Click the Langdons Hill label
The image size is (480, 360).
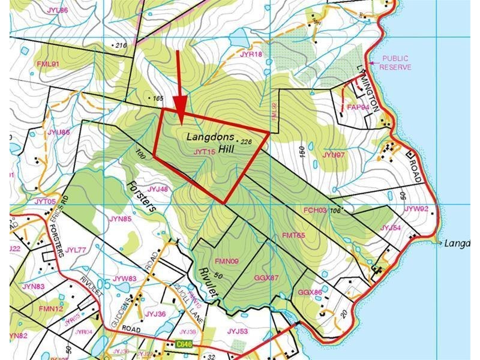coord(210,142)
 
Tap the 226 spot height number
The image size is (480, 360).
coord(247,142)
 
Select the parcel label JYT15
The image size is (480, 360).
coord(204,152)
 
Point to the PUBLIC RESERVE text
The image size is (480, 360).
coord(395,64)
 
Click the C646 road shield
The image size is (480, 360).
coord(185,344)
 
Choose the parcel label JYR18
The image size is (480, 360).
coord(251,54)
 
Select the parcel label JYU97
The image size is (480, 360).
coord(334,155)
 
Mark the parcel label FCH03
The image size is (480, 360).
coord(315,211)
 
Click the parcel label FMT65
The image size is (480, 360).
coord(293,235)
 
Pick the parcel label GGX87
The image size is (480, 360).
coord(266,278)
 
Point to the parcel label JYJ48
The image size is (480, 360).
coord(157,189)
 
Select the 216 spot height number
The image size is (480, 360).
coord(122,46)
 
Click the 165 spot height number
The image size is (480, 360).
coord(158,98)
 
